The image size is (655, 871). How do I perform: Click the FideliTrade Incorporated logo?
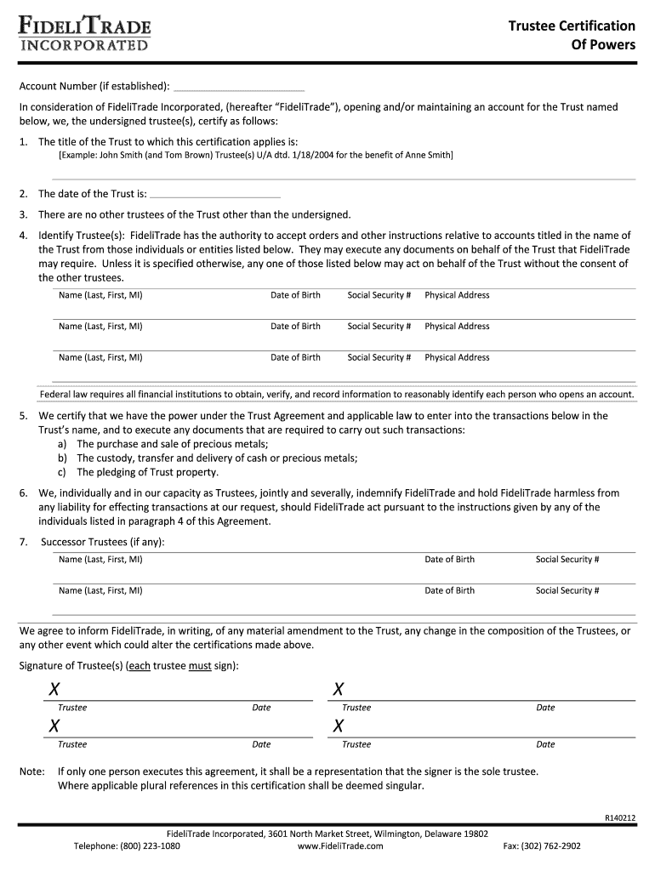(84, 35)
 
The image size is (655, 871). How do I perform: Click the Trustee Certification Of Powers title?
(572, 35)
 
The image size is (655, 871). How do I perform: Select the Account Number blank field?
(238, 86)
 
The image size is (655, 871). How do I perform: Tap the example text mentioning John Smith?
(255, 156)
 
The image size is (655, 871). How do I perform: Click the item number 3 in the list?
(24, 214)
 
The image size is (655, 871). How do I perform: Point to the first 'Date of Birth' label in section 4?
(295, 295)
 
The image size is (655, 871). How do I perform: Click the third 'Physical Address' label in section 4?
(457, 357)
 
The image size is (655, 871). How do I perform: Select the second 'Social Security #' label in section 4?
(379, 327)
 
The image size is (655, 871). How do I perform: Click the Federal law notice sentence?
(337, 395)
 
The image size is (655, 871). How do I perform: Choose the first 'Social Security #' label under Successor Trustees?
(567, 560)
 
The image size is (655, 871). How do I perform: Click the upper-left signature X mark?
(54, 689)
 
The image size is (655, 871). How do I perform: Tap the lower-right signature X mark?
(339, 726)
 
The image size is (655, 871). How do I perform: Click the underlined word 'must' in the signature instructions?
(200, 665)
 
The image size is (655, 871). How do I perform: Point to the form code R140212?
(619, 818)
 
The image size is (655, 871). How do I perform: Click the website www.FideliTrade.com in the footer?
(340, 846)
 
